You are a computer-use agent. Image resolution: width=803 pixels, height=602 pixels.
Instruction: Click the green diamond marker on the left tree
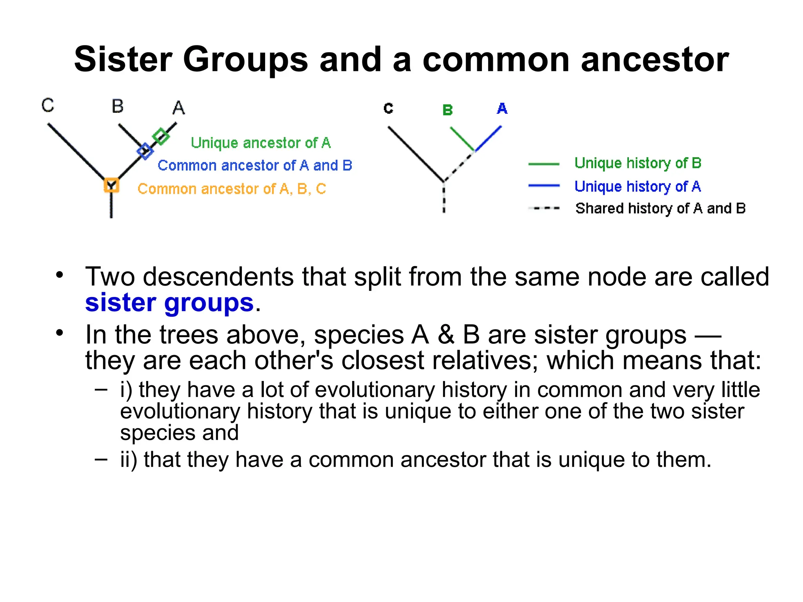pos(161,136)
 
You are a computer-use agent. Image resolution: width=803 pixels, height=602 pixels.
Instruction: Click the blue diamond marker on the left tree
pos(145,151)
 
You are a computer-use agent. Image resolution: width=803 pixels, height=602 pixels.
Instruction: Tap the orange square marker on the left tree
pos(111,185)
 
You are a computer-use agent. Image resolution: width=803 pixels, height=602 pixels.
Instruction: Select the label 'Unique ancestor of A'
pos(261,143)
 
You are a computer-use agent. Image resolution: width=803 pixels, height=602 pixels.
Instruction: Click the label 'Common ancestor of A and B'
pos(255,165)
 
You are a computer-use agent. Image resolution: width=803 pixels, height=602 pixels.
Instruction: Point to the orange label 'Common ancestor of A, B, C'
pos(232,189)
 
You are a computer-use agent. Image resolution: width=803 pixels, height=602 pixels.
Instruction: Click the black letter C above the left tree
pos(48,105)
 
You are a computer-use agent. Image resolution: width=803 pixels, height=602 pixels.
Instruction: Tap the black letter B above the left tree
pos(117,106)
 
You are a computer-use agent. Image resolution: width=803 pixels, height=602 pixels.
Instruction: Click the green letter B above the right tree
pos(447,110)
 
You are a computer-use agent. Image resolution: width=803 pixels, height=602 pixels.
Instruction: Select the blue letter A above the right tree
pos(502,109)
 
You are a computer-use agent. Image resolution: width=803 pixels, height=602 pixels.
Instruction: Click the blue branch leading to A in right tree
pos(489,138)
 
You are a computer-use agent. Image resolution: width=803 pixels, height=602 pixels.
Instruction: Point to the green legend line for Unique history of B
pos(544,164)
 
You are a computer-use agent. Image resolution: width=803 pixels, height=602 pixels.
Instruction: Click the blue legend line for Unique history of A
pos(544,186)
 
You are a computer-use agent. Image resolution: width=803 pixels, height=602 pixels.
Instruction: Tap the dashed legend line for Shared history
pos(544,208)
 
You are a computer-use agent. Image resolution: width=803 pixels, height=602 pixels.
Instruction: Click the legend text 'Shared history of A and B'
pos(660,209)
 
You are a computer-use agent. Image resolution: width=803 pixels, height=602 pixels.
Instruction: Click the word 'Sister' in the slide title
pos(123,60)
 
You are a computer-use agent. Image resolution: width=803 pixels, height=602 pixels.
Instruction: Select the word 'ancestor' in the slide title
pos(654,60)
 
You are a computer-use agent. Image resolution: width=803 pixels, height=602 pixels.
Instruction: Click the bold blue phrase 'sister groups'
pos(169,303)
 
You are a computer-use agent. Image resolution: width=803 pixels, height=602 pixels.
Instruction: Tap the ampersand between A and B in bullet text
pos(446,335)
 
